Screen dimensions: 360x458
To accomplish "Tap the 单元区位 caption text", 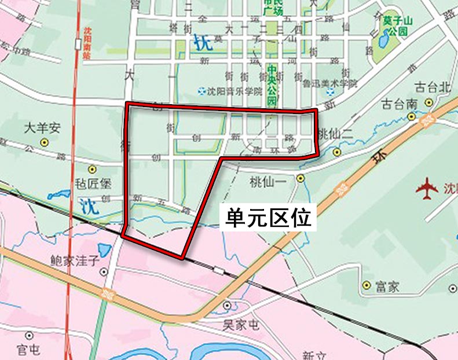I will click(269, 218).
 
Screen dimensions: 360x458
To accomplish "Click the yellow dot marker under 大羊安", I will click(43, 142).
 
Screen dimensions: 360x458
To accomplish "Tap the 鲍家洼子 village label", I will click(75, 260).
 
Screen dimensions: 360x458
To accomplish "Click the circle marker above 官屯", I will click(29, 335).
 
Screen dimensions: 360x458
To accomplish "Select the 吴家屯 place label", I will click(241, 324).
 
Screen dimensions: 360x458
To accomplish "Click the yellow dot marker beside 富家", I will click(366, 285).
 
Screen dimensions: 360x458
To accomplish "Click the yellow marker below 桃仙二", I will click(337, 152).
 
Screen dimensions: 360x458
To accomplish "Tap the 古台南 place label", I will click(399, 104).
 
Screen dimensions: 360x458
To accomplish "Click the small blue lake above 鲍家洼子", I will click(105, 250).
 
